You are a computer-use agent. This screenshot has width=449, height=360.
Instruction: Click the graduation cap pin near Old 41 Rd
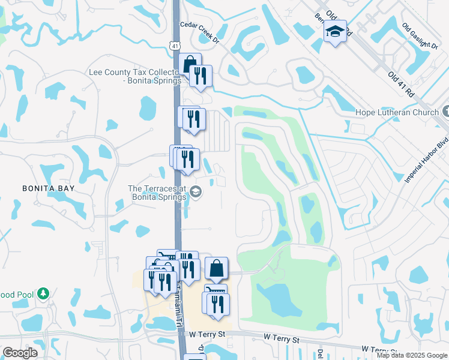[x=335, y=32]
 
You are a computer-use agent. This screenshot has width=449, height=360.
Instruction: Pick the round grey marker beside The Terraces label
[x=196, y=192]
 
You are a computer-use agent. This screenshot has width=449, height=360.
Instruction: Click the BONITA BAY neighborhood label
[x=48, y=188]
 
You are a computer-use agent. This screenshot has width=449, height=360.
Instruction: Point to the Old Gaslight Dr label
[x=421, y=37]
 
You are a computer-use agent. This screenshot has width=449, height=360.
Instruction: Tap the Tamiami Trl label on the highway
[x=179, y=313]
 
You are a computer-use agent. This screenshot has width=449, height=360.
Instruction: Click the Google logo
[x=20, y=353]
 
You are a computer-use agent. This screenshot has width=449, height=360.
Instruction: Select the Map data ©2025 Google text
[x=412, y=355]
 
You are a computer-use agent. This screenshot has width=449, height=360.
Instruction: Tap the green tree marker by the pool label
[x=43, y=293]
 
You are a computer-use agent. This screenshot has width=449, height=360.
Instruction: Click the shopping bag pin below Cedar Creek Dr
[x=190, y=65]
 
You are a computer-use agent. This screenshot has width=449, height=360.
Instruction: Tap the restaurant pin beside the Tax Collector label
[x=199, y=76]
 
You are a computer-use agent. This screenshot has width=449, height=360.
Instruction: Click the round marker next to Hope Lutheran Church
[x=445, y=112]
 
